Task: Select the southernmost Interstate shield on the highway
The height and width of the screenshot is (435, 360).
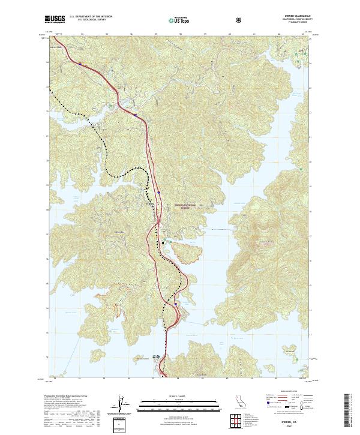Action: (x=175, y=304)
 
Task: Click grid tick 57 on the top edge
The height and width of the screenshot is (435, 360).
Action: (x=155, y=34)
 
